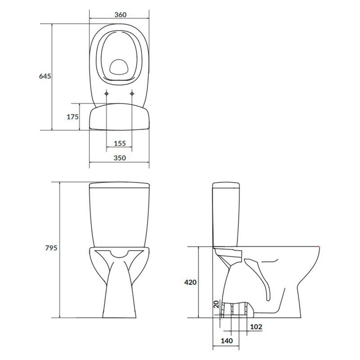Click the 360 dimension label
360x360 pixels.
point(120,15)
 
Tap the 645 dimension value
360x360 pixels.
point(45,76)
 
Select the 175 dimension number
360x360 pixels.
point(72,117)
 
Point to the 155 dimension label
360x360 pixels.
point(120,144)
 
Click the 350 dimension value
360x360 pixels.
point(120,158)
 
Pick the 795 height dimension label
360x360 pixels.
point(51,248)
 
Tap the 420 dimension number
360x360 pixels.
point(190,282)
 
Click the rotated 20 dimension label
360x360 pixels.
point(216,305)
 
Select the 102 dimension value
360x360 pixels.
point(256,327)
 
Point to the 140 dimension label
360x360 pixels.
point(227,341)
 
